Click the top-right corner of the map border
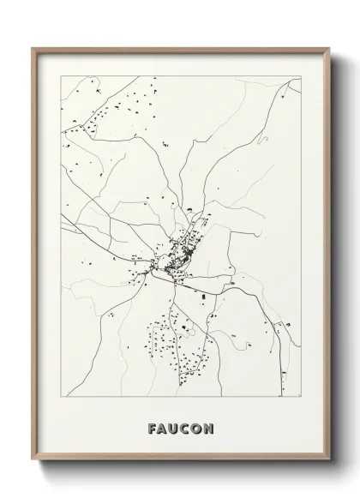point(300,75)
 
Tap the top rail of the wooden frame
point(180,50)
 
